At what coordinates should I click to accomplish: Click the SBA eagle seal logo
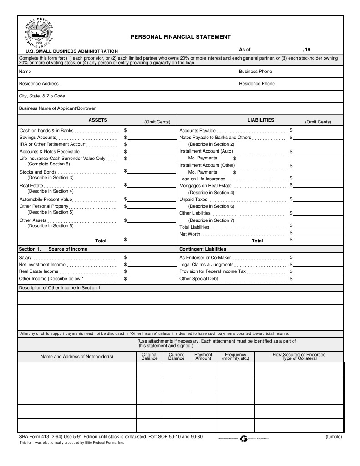[x=40, y=34]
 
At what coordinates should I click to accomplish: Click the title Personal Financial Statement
[x=181, y=37]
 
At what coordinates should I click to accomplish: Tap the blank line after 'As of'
[x=275, y=50]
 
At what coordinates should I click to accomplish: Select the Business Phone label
[x=255, y=72]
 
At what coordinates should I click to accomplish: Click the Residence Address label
[x=39, y=84]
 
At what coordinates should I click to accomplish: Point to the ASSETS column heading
[x=98, y=120]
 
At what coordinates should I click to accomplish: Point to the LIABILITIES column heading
[x=261, y=120]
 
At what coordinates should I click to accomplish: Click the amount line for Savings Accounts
[x=152, y=138]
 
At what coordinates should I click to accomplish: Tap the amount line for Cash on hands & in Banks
[x=152, y=131]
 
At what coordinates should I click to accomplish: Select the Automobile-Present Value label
[x=46, y=200]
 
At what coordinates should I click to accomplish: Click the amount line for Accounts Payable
[x=318, y=131]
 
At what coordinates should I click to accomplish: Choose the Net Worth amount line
[x=318, y=234]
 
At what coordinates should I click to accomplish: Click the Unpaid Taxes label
[x=193, y=200]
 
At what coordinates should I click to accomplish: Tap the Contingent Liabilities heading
[x=203, y=249]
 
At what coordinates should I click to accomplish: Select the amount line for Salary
[x=152, y=258]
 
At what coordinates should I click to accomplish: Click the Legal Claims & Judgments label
[x=206, y=265]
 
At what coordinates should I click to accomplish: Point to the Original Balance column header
[x=150, y=357]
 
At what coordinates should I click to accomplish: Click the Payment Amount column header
[x=203, y=357]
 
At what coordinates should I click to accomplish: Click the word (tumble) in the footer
[x=334, y=437]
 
